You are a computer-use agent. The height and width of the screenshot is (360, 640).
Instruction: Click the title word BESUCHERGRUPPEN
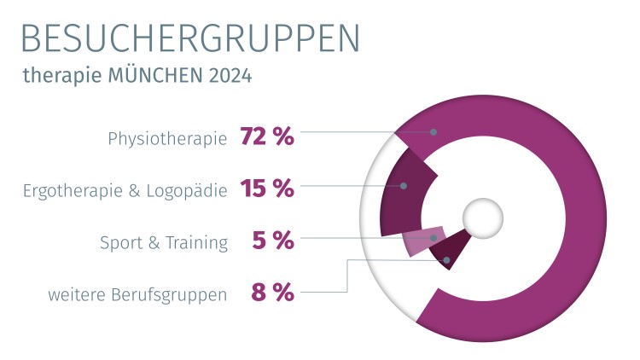click(189, 38)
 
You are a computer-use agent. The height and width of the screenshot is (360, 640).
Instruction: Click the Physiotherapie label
click(167, 138)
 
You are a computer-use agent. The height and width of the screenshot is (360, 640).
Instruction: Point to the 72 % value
click(267, 136)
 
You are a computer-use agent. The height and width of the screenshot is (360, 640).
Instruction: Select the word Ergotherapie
click(71, 190)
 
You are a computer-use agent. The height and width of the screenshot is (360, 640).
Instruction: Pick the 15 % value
click(267, 189)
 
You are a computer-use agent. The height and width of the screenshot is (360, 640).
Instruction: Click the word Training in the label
click(196, 243)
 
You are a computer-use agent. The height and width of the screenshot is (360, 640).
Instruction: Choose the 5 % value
click(273, 241)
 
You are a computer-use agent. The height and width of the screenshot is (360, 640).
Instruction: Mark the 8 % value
click(273, 293)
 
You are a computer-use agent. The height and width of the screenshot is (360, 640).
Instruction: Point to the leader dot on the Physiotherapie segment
click(433, 132)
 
